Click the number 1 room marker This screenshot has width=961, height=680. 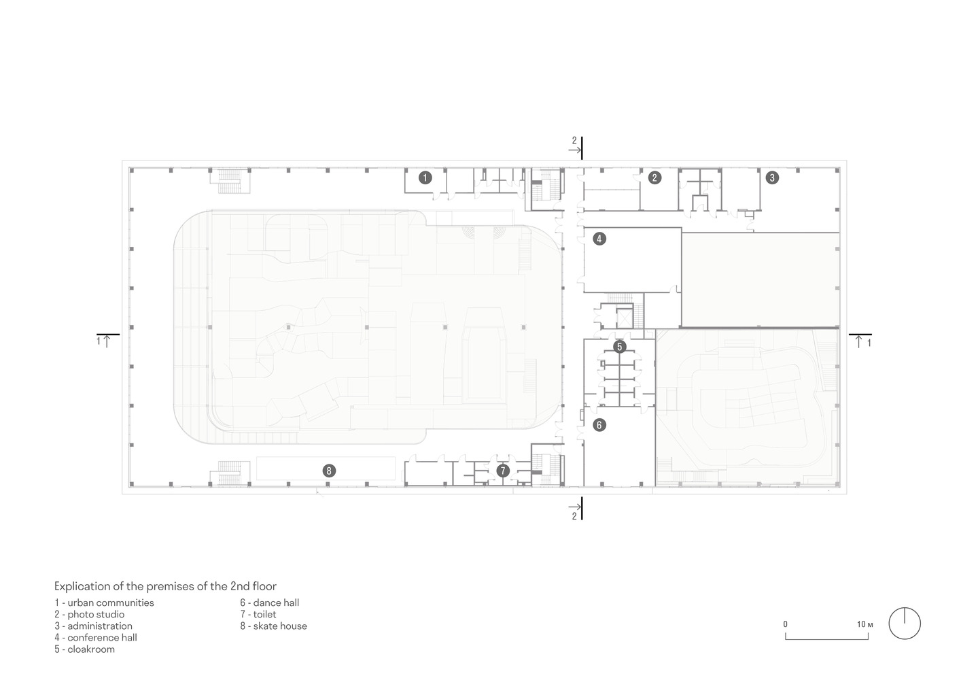(425, 178)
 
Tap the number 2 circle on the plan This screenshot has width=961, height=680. (654, 177)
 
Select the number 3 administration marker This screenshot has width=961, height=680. (771, 178)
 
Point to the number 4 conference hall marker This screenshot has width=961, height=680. (599, 239)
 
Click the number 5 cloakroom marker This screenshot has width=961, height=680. (619, 347)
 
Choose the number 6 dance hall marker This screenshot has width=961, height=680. (599, 425)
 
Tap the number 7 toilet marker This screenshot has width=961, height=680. (503, 471)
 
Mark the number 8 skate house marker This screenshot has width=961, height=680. (329, 471)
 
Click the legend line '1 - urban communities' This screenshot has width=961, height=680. (105, 602)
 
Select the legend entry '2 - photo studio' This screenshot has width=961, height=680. (90, 614)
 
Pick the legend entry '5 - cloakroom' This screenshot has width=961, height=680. (85, 649)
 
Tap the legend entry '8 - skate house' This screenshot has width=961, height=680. (273, 626)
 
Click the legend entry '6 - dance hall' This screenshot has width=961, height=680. (269, 602)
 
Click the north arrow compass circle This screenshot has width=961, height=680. (905, 624)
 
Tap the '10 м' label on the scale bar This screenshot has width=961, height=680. (864, 624)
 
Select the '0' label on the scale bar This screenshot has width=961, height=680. (786, 624)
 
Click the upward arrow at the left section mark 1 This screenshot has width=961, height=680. (107, 341)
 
